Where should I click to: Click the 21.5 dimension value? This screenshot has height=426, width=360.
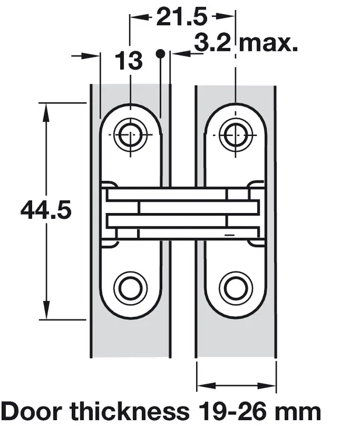click(181, 18)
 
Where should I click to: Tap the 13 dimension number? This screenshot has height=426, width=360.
click(129, 60)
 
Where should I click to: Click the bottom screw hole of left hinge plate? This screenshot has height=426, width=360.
click(130, 287)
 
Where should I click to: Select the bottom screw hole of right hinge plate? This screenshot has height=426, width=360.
click(235, 287)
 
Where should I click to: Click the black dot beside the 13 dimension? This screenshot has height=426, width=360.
click(159, 53)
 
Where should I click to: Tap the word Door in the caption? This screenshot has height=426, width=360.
click(33, 411)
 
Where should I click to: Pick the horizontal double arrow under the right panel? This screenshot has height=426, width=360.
click(236, 386)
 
